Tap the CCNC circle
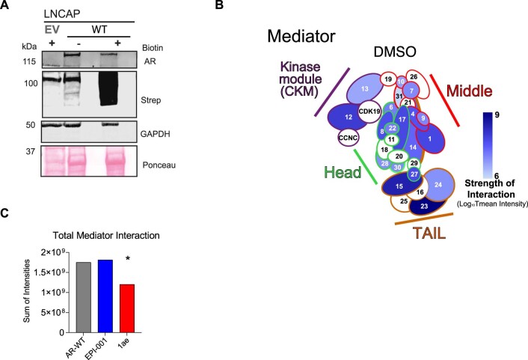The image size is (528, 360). pyautogui.click(x=347, y=138)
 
